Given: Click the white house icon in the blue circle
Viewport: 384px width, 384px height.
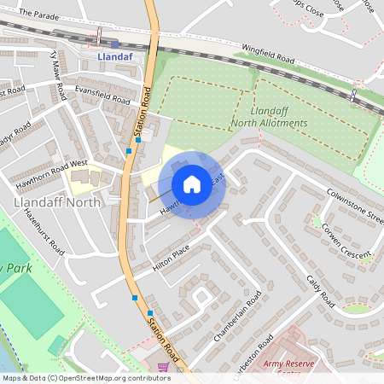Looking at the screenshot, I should [192, 183].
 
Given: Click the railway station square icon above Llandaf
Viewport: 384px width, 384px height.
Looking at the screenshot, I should [114, 44].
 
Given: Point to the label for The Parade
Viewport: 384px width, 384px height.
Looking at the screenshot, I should [37, 15].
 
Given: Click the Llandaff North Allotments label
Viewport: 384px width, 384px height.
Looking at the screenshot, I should [267, 118].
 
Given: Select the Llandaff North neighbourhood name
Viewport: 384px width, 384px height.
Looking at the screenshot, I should [57, 202].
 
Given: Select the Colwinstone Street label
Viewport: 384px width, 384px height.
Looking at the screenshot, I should [355, 204].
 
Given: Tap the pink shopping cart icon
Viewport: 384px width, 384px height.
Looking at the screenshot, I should [163, 367].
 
